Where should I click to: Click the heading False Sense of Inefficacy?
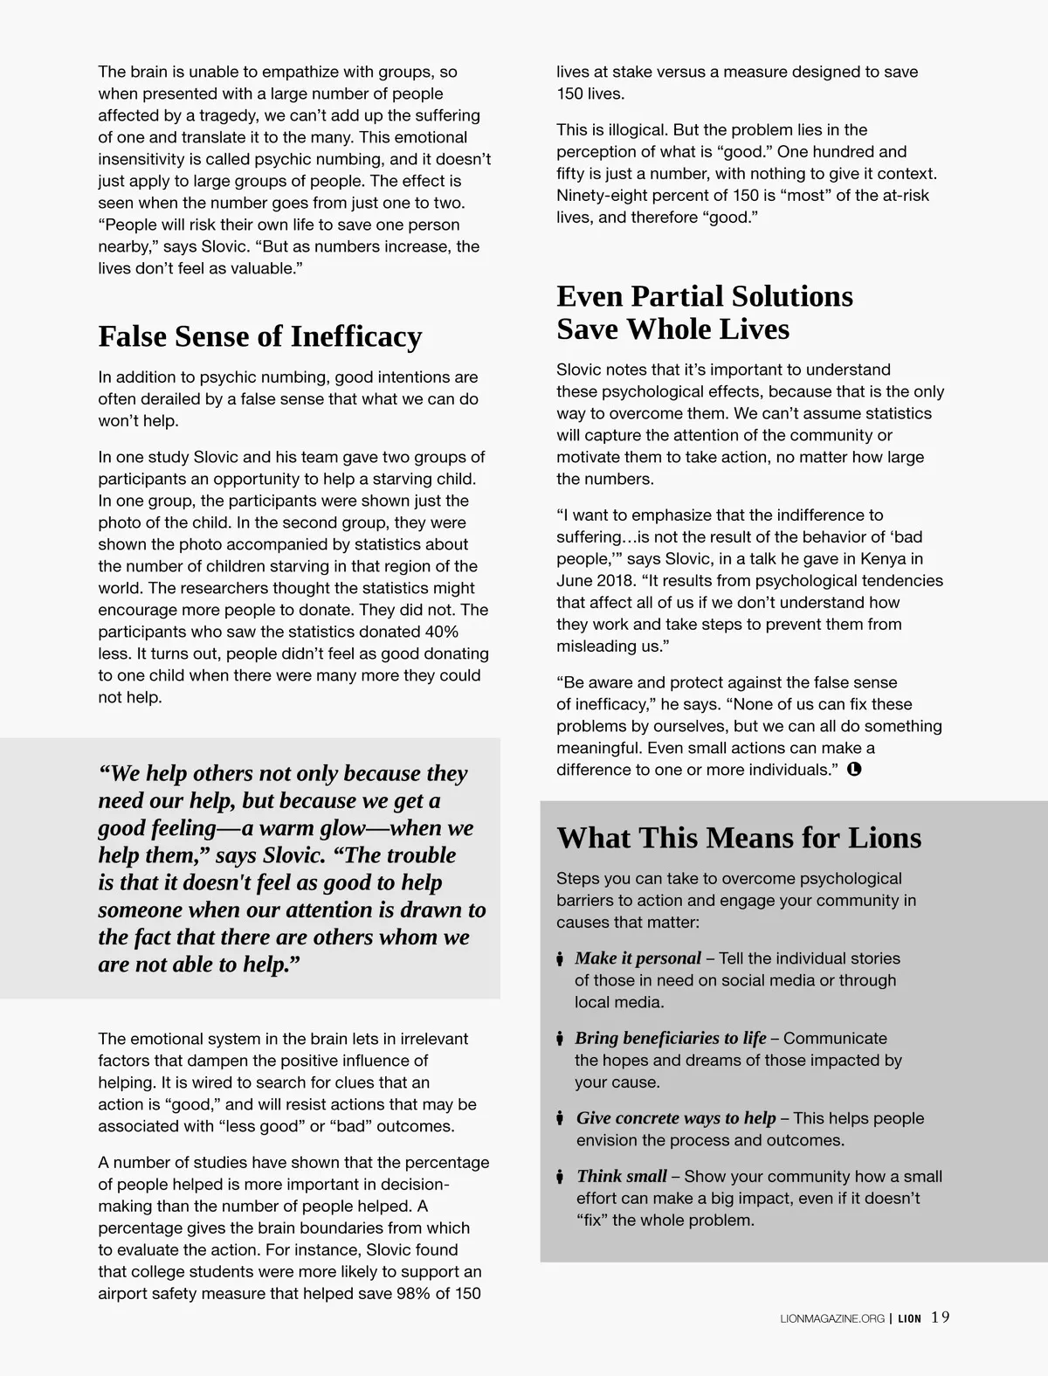[x=259, y=336]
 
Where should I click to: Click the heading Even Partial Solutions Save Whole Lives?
[x=704, y=313]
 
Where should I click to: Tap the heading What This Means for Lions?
[x=739, y=838]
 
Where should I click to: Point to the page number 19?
[x=940, y=1317]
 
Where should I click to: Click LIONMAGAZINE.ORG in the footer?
[x=832, y=1318]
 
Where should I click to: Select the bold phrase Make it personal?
[x=638, y=958]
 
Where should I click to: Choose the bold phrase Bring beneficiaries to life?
[x=670, y=1038]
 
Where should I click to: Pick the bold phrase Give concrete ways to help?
[x=675, y=1118]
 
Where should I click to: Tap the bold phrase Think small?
[x=621, y=1177]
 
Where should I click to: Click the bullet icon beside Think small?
[x=560, y=1177]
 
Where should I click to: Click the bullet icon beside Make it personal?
[x=560, y=959]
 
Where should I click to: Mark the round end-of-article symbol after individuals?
[x=854, y=770]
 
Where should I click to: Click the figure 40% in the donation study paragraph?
[x=441, y=632]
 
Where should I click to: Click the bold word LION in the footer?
[x=909, y=1318]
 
